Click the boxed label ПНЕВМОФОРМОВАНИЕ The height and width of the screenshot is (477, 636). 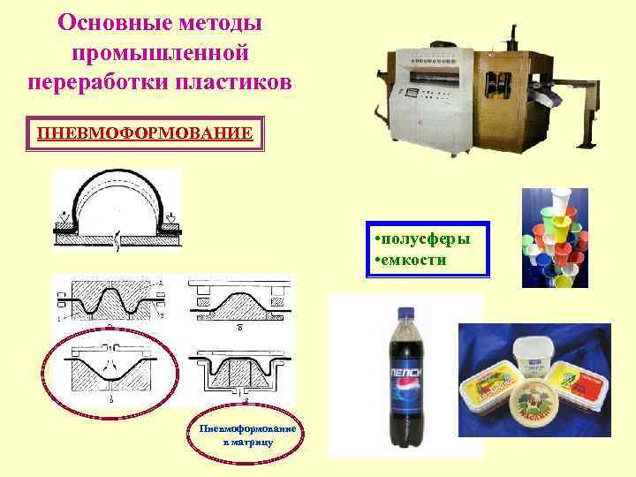coord(145,133)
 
